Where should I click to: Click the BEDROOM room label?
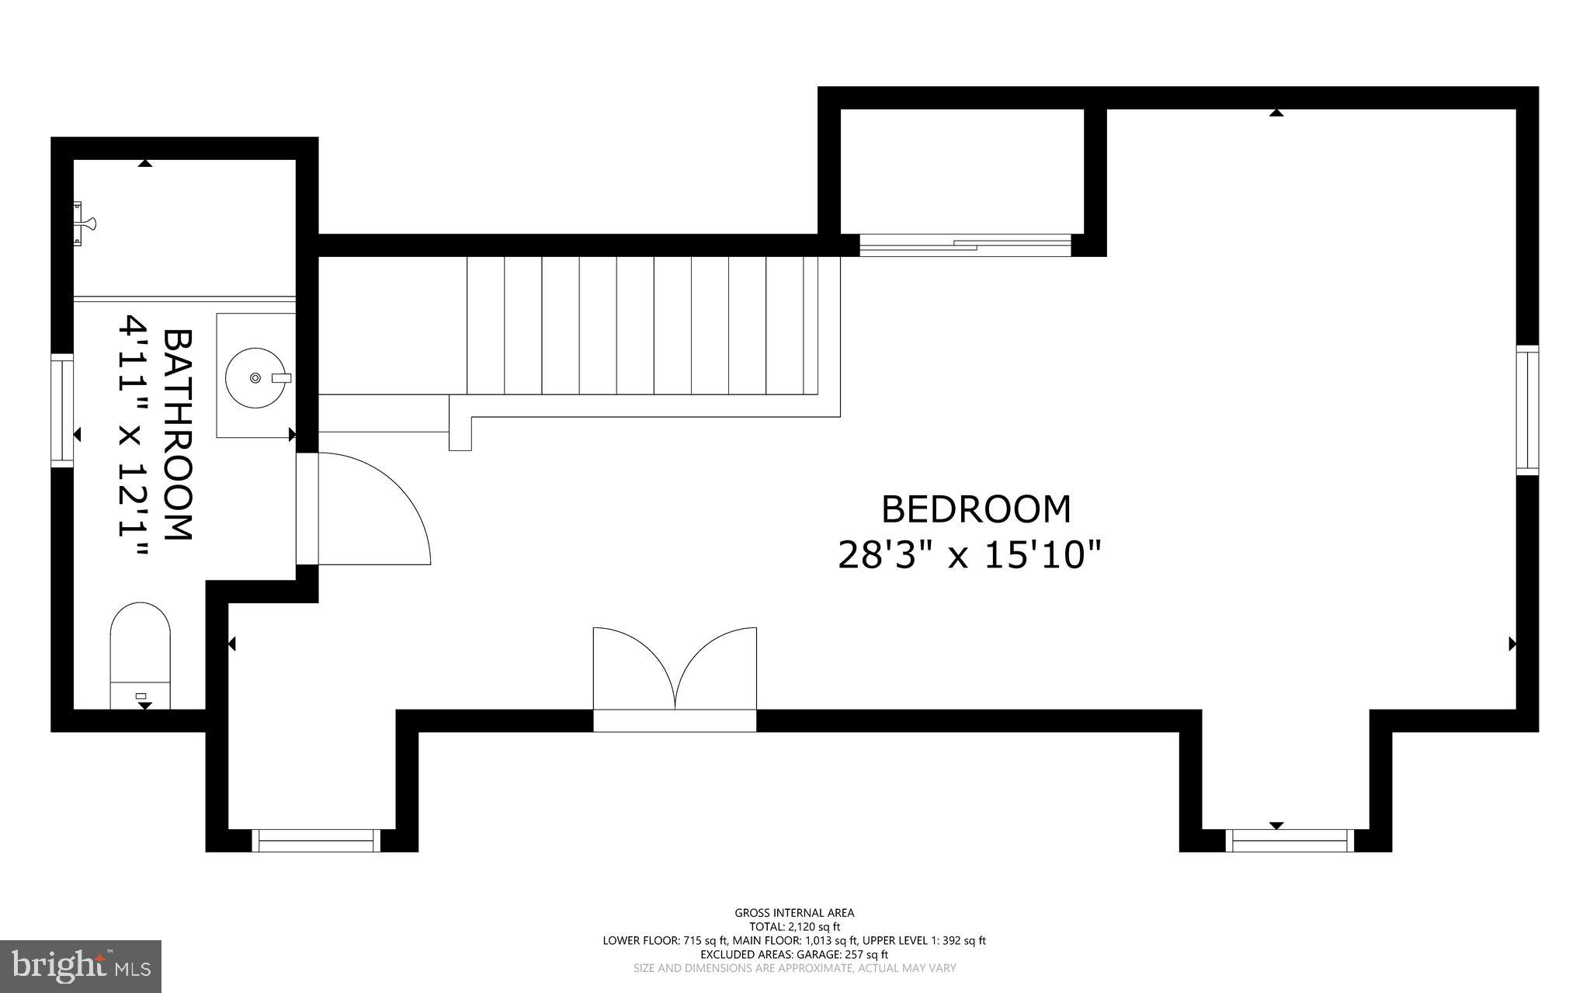pyautogui.click(x=976, y=510)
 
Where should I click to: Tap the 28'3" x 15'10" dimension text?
pyautogui.click(x=970, y=556)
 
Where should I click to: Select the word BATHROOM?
pyautogui.click(x=178, y=435)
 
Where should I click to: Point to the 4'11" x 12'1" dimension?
pyautogui.click(x=133, y=435)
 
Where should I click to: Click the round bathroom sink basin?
pyautogui.click(x=255, y=378)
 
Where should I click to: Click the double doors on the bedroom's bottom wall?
pyautogui.click(x=675, y=675)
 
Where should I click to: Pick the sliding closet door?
pyautogui.click(x=965, y=245)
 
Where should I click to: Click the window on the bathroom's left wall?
pyautogui.click(x=62, y=410)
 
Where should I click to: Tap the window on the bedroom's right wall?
pyautogui.click(x=1527, y=409)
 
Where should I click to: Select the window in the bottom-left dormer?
pyautogui.click(x=316, y=840)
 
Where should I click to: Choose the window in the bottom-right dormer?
pyautogui.click(x=1290, y=840)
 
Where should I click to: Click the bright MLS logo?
pyautogui.click(x=81, y=966)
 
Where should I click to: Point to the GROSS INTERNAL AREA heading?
pyautogui.click(x=794, y=913)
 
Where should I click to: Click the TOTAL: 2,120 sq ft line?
pyautogui.click(x=794, y=926)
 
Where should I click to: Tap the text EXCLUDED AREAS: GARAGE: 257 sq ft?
pyautogui.click(x=794, y=954)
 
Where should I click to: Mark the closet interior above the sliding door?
pyautogui.click(x=962, y=171)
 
